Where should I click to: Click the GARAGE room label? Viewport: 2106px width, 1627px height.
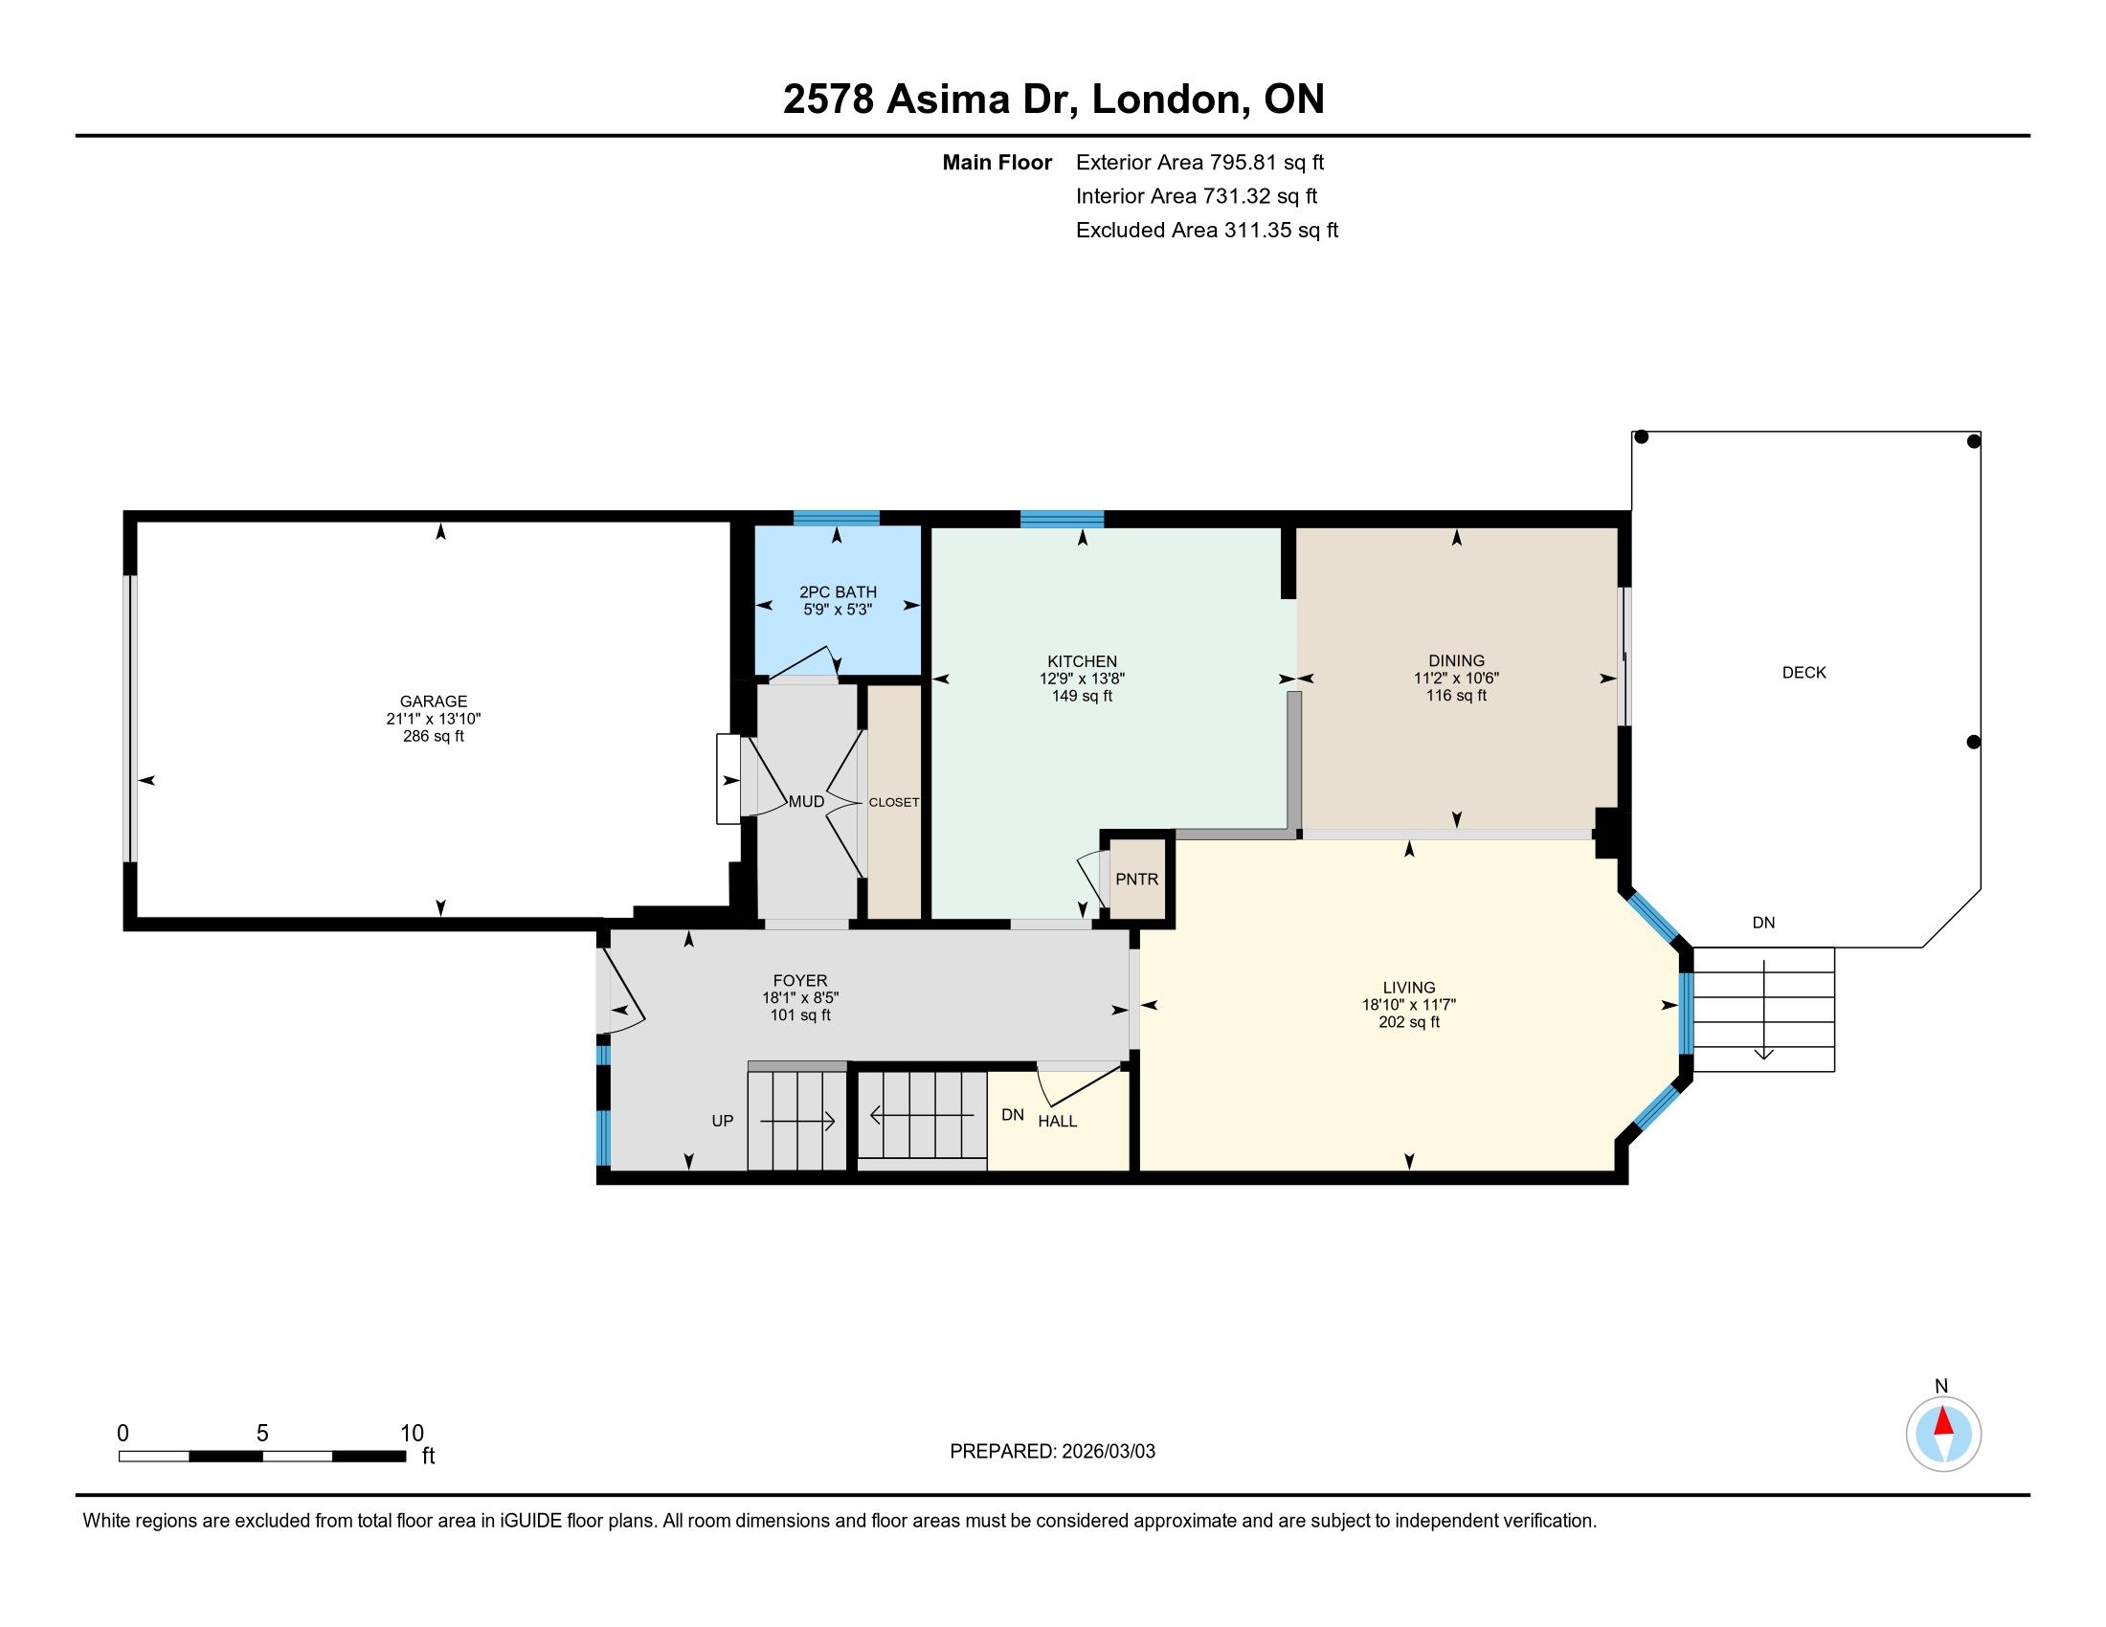point(434,702)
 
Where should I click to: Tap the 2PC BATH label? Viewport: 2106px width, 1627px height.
point(838,591)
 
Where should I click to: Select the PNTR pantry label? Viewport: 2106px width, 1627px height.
point(1137,879)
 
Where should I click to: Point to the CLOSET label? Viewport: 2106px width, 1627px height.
point(894,802)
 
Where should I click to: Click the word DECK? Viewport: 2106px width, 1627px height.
point(1804,673)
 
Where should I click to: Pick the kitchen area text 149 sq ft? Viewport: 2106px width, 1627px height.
point(1082,696)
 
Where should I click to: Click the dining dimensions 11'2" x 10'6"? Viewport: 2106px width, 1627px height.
point(1456,678)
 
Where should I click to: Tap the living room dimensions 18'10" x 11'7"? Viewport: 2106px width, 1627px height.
point(1409,1004)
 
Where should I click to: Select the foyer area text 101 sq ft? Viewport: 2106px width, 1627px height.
point(800,1014)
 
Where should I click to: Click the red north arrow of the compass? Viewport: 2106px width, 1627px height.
point(1943,1421)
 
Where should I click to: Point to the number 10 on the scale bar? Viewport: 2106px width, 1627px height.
point(412,1433)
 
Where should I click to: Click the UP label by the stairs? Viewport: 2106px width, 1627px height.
point(722,1121)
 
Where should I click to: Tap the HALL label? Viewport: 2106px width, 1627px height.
point(1058,1121)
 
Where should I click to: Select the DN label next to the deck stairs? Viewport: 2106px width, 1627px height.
point(1763,923)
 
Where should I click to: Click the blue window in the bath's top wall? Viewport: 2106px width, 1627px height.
point(836,518)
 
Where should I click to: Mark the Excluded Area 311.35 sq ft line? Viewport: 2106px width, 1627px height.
point(1207,231)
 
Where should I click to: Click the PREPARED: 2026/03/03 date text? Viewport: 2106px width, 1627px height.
point(1052,1452)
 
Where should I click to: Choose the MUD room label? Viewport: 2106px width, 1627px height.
point(806,802)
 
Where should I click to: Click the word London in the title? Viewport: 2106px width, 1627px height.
point(1165,99)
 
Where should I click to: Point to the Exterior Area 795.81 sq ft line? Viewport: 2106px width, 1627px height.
point(1199,163)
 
